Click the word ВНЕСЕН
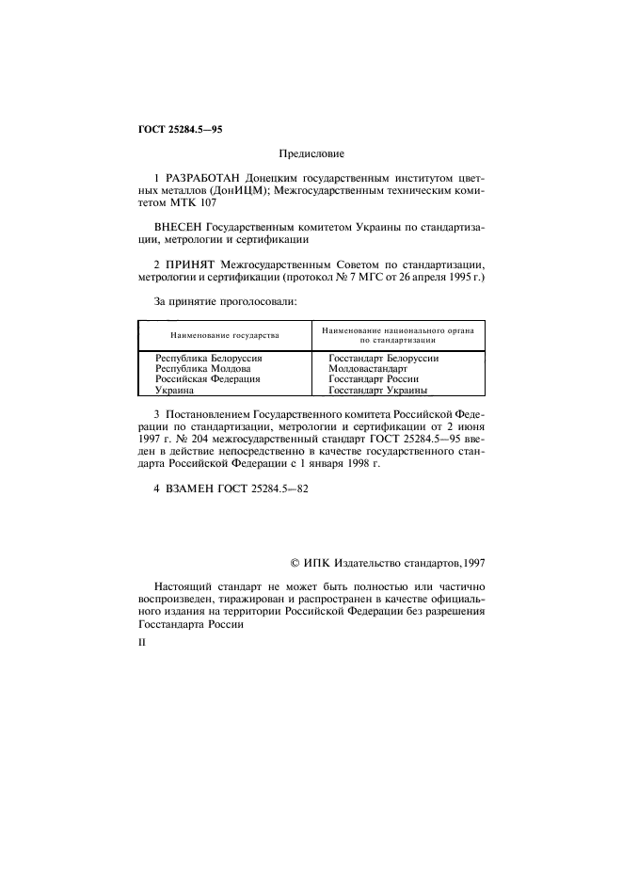[x=177, y=227]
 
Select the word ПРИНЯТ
[x=192, y=266]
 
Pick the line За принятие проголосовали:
[x=225, y=302]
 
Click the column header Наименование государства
[x=224, y=335]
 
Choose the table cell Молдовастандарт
[x=368, y=368]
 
